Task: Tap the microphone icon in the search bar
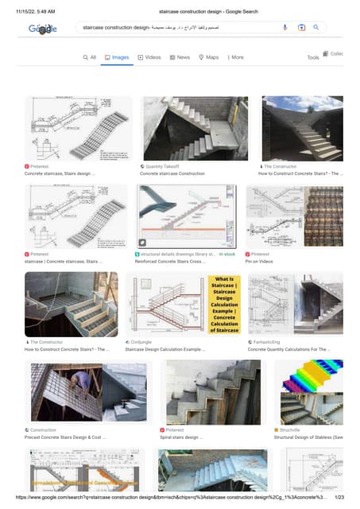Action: click(x=285, y=27)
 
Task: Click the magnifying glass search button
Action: click(x=315, y=27)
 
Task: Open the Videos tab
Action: click(x=149, y=57)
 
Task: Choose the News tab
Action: click(x=180, y=57)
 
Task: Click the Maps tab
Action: click(x=209, y=57)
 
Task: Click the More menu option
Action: click(x=236, y=57)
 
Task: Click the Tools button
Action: click(x=313, y=57)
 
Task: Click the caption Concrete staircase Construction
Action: click(x=172, y=173)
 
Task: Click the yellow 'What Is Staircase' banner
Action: click(x=224, y=305)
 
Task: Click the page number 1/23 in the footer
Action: click(x=339, y=497)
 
